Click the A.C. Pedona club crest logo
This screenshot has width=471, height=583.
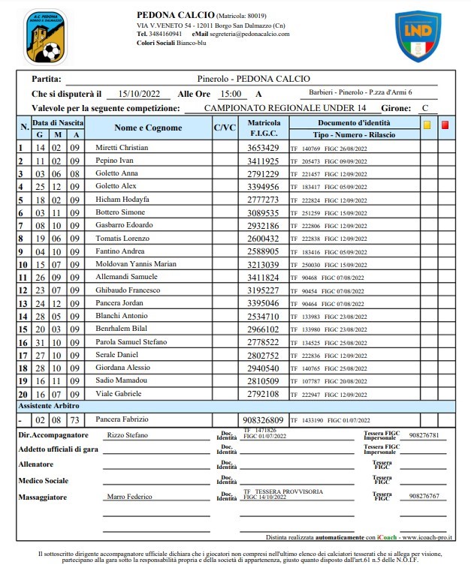45,36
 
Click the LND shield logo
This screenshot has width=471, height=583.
418,36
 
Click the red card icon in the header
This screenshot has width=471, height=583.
445,125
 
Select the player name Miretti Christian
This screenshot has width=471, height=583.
122,148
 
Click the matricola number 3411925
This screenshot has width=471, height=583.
263,161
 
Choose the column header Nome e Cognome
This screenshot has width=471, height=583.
148,128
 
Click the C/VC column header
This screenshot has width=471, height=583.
225,128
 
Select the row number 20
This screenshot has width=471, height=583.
23,394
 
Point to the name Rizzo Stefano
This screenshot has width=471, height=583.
127,435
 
